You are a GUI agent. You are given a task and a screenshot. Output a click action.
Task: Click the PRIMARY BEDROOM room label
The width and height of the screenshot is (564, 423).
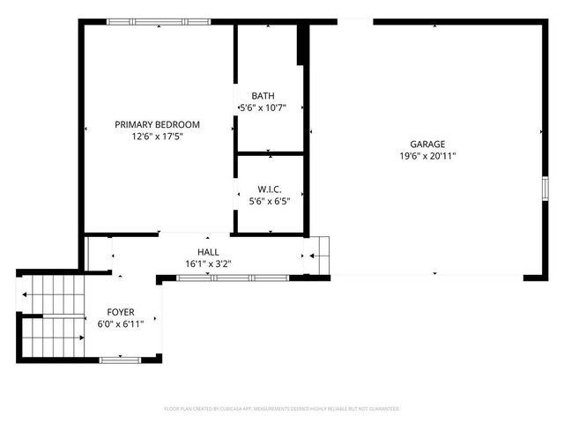click(157, 125)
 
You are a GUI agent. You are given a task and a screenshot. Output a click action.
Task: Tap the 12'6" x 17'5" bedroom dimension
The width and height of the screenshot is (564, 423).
click(157, 137)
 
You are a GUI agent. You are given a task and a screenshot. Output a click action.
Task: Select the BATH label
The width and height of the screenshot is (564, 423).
click(263, 96)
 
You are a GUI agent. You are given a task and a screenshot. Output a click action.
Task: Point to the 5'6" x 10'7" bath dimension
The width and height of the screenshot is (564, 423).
click(263, 108)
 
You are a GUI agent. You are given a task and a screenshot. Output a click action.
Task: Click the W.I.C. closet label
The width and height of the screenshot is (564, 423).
click(270, 189)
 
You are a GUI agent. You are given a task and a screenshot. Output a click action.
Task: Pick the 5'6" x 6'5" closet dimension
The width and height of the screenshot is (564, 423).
click(270, 201)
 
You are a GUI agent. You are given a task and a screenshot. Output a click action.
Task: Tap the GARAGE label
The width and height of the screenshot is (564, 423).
click(427, 145)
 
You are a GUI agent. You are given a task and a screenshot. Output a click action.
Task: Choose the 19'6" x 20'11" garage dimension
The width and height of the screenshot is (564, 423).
click(427, 156)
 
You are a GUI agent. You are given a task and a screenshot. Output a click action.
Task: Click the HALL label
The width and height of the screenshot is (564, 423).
click(209, 252)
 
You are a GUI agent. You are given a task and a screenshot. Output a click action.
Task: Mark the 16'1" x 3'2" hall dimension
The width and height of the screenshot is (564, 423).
click(209, 263)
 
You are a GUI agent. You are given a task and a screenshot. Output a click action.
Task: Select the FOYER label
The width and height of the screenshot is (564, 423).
click(121, 313)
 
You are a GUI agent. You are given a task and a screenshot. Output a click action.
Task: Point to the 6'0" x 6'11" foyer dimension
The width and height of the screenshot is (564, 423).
click(121, 324)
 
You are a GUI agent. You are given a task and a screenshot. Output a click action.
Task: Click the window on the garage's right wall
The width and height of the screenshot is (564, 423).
click(545, 188)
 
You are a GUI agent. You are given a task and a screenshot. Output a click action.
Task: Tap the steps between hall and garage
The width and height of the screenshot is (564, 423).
click(318, 256)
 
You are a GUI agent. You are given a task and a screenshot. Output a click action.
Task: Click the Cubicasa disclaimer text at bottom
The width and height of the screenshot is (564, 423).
click(282, 409)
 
